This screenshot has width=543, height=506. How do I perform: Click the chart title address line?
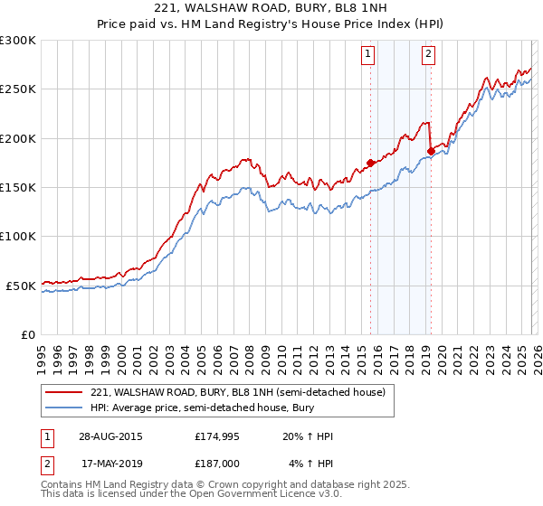tap(271, 9)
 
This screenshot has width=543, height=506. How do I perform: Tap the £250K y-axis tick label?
tap(18, 89)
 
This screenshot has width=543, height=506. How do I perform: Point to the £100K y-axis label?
tap(18, 236)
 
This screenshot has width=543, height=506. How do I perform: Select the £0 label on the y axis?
tap(27, 334)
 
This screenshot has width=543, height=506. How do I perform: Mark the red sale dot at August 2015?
tap(370, 163)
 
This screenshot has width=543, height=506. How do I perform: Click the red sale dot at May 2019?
tap(430, 151)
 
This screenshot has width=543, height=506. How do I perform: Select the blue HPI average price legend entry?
tap(213, 408)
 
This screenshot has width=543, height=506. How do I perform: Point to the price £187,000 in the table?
tap(216, 464)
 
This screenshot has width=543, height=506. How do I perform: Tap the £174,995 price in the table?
tap(216, 437)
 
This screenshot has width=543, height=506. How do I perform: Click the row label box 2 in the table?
tap(46, 464)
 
